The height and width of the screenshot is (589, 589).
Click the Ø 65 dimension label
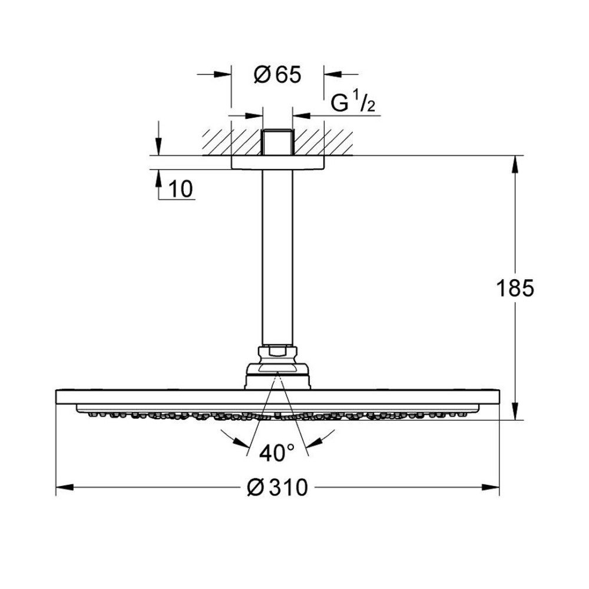click(x=277, y=75)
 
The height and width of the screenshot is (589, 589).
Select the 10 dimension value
click(x=181, y=188)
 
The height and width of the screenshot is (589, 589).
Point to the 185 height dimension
click(x=515, y=288)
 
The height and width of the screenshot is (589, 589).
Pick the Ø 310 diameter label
click(x=277, y=488)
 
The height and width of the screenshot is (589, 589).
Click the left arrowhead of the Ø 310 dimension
click(x=64, y=488)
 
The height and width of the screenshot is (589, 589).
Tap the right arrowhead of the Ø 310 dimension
click(x=491, y=488)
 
